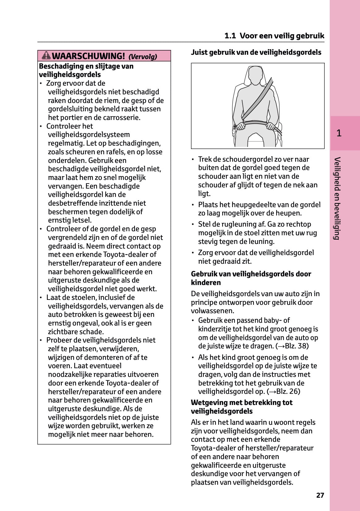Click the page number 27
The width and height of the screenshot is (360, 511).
pos(320,495)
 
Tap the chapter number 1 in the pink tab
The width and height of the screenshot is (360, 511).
pos(339,133)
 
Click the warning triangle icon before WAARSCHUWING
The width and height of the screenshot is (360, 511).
pos(46,56)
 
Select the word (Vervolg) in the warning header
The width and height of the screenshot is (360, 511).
pos(143,57)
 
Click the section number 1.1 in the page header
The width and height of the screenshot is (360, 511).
pos(230,36)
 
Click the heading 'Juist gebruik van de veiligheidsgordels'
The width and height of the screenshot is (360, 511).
pos(256,52)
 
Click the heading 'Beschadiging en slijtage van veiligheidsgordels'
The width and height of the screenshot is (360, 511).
pos(86,70)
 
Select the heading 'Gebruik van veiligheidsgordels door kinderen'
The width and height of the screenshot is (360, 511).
pos(251,278)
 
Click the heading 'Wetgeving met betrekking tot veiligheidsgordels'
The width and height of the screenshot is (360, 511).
pos(241,407)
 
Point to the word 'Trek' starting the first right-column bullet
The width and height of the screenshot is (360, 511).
pos(205,159)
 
